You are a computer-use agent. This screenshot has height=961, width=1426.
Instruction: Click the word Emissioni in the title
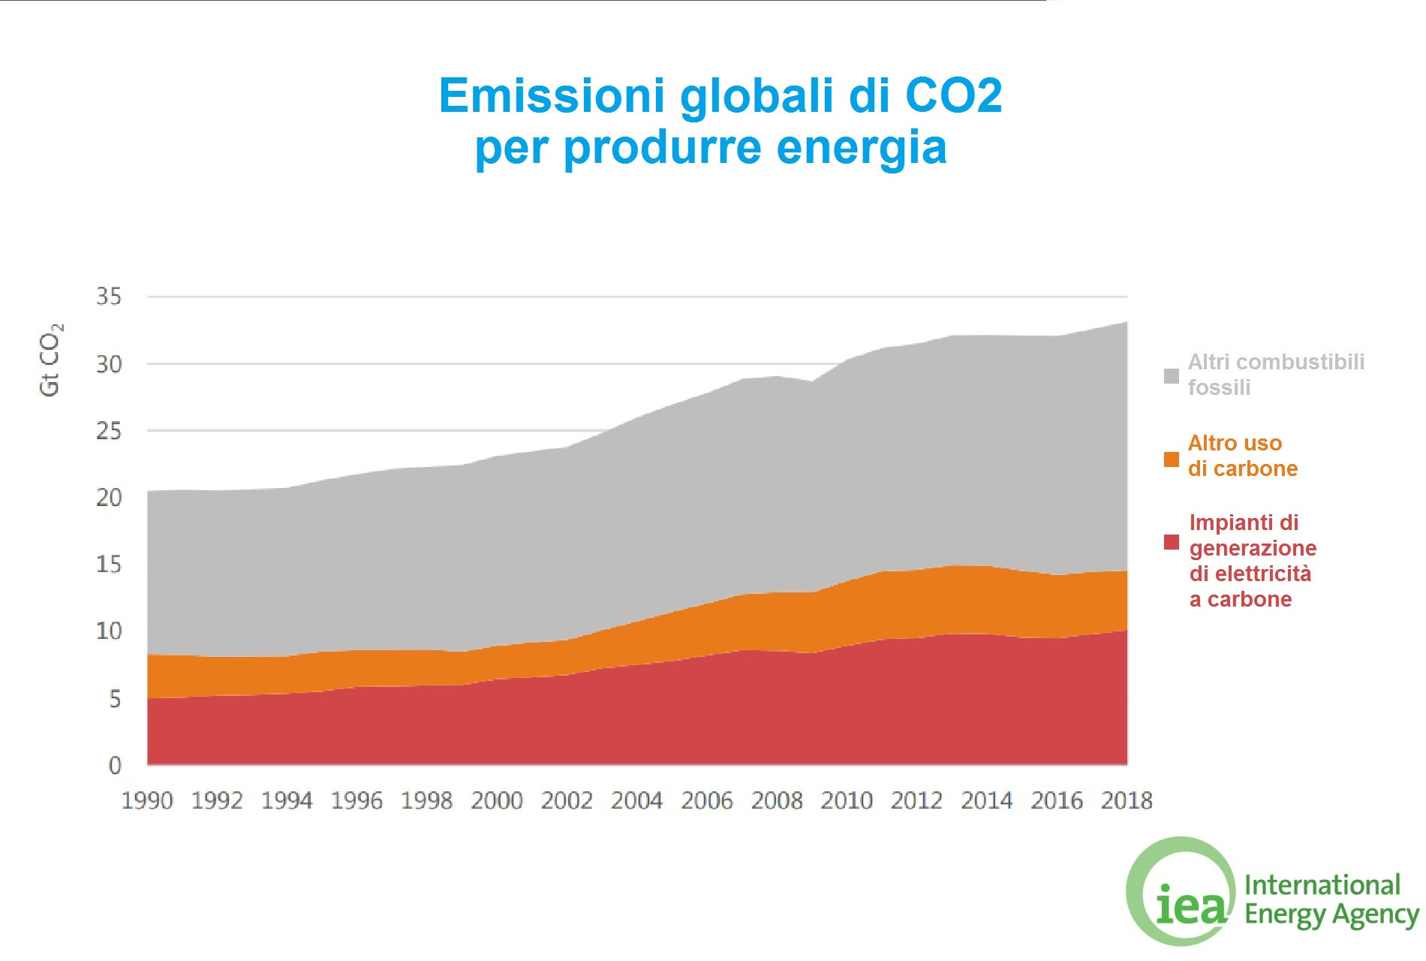[552, 96]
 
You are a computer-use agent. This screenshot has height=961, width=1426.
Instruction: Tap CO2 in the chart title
[953, 96]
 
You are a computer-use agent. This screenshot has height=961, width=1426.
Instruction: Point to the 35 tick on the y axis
[109, 297]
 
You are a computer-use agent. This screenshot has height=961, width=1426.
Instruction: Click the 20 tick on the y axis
[109, 497]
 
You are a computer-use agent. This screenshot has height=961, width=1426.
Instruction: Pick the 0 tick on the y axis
[115, 765]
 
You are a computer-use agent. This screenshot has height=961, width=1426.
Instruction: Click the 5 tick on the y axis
[115, 699]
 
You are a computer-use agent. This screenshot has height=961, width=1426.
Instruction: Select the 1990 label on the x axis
[147, 801]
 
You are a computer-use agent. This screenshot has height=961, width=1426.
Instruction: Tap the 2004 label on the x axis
[636, 801]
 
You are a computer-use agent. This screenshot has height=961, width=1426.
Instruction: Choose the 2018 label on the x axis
[1126, 801]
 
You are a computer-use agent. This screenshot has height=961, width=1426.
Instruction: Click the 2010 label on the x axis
[847, 801]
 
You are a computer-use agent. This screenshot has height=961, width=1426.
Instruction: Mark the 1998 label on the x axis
[426, 801]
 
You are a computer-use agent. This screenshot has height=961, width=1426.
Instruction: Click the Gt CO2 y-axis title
[50, 360]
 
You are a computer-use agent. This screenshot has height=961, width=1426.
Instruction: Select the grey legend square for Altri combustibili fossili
[1171, 376]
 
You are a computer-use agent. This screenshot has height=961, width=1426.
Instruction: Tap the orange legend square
[1171, 459]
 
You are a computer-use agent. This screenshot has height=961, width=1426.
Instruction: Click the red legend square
[1171, 542]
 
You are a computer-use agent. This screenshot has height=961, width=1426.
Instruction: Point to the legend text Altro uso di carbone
[1242, 456]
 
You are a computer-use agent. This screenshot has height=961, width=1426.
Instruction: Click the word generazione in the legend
[1253, 548]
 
